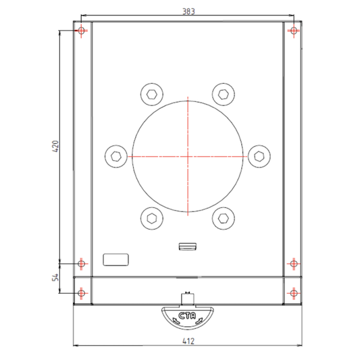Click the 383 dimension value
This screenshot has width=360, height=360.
(188, 11)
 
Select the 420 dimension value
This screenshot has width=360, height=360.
(55, 147)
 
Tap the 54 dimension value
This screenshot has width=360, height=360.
(55, 278)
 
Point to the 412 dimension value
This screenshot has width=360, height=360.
(188, 341)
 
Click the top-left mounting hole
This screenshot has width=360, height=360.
(81, 30)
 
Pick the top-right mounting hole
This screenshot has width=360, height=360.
(294, 30)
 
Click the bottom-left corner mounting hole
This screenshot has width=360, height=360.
(81, 293)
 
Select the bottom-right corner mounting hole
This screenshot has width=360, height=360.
(294, 293)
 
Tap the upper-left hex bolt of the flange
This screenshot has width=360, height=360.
(152, 95)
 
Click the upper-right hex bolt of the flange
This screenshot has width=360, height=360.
(224, 95)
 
